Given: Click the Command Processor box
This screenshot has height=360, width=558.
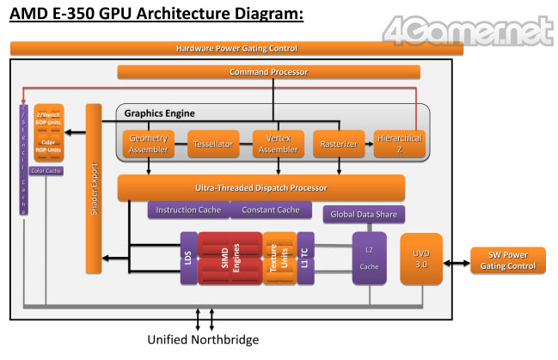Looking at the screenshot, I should (268, 71).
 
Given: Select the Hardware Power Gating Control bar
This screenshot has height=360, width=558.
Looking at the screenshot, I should (236, 48).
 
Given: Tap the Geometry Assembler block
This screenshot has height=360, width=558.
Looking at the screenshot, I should (149, 143).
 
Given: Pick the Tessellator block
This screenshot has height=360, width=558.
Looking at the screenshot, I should (212, 143).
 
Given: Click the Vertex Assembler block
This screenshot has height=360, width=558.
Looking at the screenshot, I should (277, 143).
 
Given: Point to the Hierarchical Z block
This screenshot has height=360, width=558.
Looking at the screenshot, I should (401, 143).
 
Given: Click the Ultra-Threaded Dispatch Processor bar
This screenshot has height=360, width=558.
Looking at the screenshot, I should (261, 187).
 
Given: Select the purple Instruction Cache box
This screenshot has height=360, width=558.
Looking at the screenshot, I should (189, 210).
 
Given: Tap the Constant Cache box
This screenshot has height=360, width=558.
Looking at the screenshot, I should (270, 210).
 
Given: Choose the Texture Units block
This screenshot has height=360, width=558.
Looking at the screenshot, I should (279, 258).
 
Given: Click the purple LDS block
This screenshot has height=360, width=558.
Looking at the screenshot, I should (187, 258).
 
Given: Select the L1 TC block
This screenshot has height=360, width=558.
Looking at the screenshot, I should (305, 258).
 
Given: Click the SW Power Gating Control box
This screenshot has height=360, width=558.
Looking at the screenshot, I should (506, 260).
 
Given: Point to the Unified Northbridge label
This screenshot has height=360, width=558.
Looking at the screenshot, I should (203, 340).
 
